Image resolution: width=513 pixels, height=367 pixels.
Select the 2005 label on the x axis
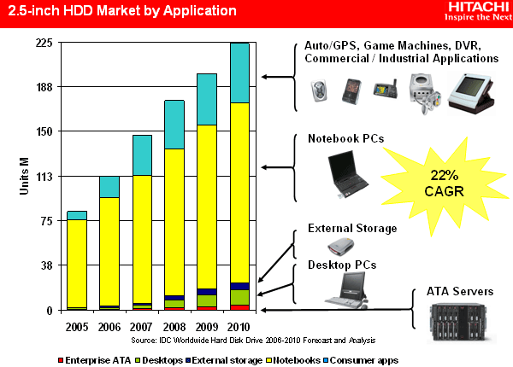pos(77,328)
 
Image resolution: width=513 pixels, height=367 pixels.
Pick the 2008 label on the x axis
pos(174,328)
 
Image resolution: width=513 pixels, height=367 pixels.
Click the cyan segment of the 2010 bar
pos(239,73)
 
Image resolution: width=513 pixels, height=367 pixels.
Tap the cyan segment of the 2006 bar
pos(109,187)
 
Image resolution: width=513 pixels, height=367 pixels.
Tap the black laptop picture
pos(347,172)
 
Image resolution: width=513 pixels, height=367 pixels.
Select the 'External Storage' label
pos(352,229)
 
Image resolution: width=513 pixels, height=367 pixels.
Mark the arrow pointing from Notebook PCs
pos(278,166)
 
